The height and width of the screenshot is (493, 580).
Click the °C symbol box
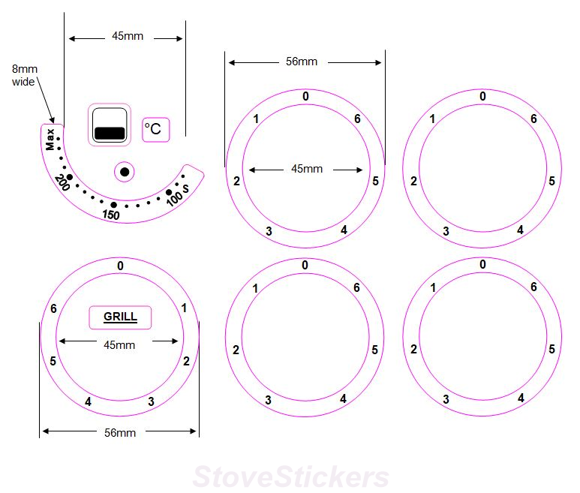[x=156, y=129]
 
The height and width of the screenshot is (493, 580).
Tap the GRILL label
[x=120, y=317]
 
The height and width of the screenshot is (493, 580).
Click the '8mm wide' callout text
[x=24, y=75]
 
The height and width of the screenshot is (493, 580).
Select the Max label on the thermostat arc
[x=50, y=140]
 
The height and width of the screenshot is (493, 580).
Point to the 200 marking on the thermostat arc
[x=62, y=182]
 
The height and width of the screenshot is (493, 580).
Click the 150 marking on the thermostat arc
[x=111, y=215]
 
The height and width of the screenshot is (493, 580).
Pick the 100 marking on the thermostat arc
[x=174, y=200]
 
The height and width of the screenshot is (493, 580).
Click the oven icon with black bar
[x=110, y=125]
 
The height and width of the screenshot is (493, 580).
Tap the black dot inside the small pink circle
[x=125, y=172]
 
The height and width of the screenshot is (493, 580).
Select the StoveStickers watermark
[x=291, y=477]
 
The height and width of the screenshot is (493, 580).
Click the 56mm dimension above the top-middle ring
[x=302, y=62]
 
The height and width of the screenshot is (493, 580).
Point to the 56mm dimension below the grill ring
[x=120, y=432]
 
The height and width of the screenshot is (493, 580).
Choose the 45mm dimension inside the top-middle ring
[x=306, y=169]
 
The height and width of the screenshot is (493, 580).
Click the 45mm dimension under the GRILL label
[x=119, y=345]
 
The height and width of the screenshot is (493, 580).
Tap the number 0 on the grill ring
[x=120, y=265]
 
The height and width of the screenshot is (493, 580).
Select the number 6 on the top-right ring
[x=533, y=119]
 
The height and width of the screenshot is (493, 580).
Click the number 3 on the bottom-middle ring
[x=268, y=400]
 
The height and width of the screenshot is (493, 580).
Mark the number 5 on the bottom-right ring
[x=551, y=349]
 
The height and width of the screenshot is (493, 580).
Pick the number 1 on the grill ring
[x=185, y=308]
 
